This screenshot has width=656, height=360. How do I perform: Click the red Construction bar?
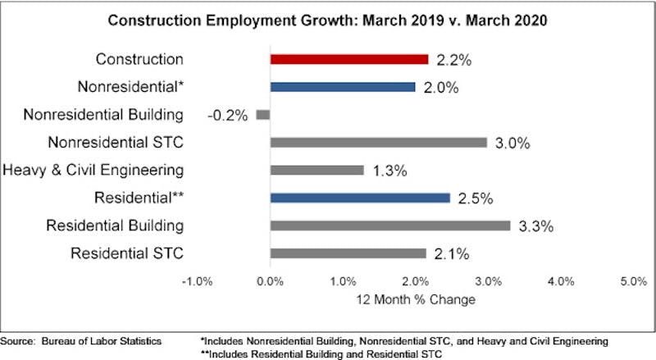pos(349,59)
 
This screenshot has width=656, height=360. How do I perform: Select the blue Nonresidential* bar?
pos(342,87)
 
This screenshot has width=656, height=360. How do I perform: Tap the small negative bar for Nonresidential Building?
pos(263,115)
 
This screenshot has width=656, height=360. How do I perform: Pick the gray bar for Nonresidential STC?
pos(378,143)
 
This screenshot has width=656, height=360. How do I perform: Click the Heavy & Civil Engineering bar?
pos(317,171)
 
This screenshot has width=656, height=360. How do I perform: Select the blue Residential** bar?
pos(360,198)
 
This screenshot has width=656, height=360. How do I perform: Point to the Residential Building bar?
pos(389,226)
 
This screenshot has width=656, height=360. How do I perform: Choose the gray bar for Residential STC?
pos(348,253)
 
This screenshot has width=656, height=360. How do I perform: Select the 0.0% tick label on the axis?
pos(271,281)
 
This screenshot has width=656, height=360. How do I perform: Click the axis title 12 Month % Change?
pos(416,299)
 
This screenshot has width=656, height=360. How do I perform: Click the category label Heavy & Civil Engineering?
pos(93,171)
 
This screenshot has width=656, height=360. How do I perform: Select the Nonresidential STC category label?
pos(116,143)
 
